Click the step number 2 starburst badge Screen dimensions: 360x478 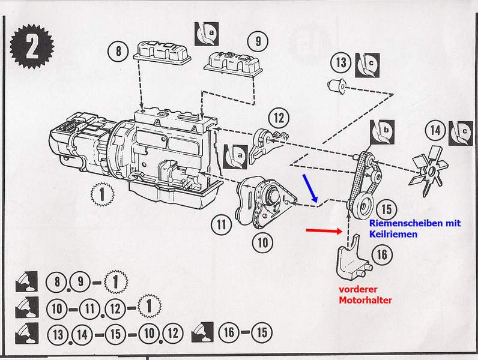tap(31, 46)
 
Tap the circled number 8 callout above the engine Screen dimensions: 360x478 tap(119, 50)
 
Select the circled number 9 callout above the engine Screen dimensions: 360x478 tap(258, 41)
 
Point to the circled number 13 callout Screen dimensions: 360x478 tap(342, 62)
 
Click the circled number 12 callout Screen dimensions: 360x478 tap(278, 117)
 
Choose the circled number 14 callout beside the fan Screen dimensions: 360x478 tap(435, 130)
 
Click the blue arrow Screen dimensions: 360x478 tap(312, 187)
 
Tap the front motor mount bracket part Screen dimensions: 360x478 tap(349, 261)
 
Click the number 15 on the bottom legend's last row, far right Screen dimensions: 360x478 tap(260, 332)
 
